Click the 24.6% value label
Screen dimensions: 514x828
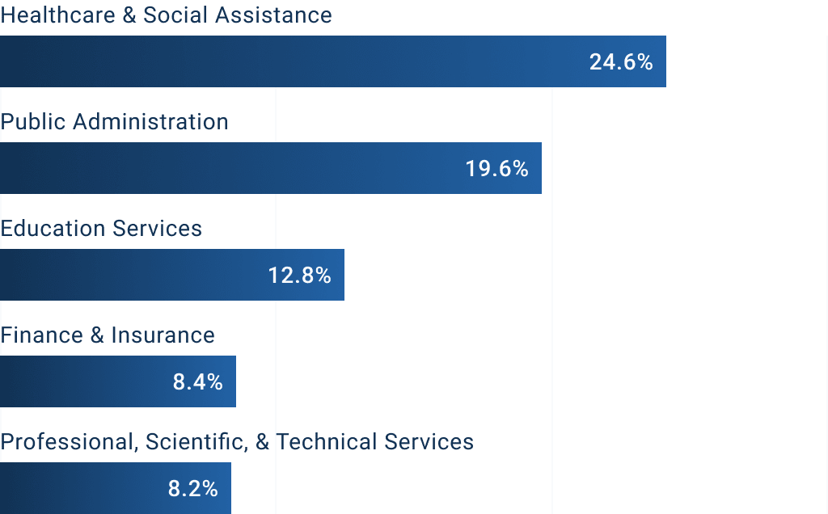(620, 62)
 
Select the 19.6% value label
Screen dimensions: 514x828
(496, 169)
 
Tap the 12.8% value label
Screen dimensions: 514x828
(299, 276)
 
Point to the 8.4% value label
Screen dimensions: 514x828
(197, 382)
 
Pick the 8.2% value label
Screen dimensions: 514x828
(192, 489)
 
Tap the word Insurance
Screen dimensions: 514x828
(163, 335)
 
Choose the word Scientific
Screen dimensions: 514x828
(195, 442)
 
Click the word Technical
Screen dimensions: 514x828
(327, 442)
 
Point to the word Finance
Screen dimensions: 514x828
(40, 335)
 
